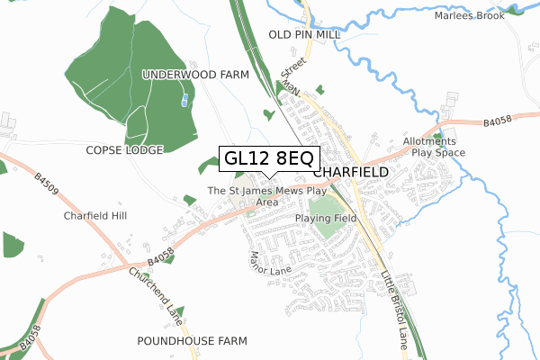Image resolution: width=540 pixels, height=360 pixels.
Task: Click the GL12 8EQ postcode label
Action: [267, 158]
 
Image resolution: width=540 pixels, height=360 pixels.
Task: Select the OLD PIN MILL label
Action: [304, 34]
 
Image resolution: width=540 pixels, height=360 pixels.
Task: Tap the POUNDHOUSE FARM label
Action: [192, 341]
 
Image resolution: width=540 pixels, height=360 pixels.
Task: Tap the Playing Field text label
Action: [326, 218]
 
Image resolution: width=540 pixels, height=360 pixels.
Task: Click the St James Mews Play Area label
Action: [266, 196]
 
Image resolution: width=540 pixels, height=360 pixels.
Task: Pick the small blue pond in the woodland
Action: [185, 100]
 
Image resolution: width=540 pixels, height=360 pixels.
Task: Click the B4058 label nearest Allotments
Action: [495, 119]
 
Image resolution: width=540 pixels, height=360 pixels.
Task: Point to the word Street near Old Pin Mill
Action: [294, 67]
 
